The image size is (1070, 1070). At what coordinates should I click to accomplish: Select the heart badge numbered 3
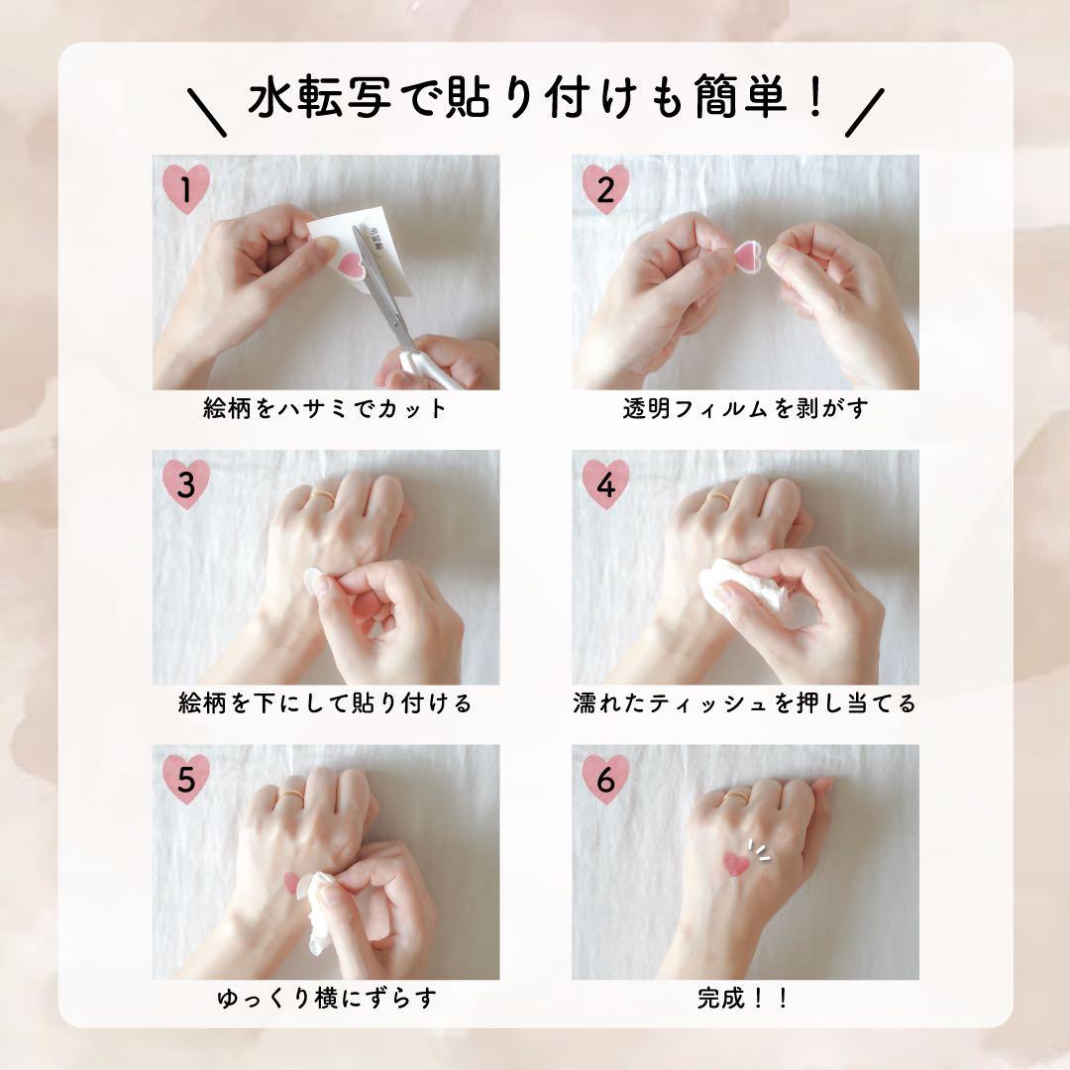click(x=186, y=483)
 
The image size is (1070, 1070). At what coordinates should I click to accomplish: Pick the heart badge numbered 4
click(x=606, y=483)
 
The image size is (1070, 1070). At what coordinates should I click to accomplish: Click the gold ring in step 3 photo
click(x=323, y=495)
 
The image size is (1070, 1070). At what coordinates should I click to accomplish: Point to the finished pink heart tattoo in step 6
click(x=735, y=863)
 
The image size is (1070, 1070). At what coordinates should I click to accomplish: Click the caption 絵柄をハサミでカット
click(x=325, y=408)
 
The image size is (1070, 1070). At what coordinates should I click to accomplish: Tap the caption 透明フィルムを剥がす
click(x=745, y=408)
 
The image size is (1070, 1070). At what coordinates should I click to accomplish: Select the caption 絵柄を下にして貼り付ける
click(x=325, y=702)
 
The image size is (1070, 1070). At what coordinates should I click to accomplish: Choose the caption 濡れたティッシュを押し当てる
click(x=745, y=702)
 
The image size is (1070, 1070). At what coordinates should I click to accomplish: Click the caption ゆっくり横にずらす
click(x=327, y=999)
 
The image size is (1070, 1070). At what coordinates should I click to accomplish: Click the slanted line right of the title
click(x=865, y=113)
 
